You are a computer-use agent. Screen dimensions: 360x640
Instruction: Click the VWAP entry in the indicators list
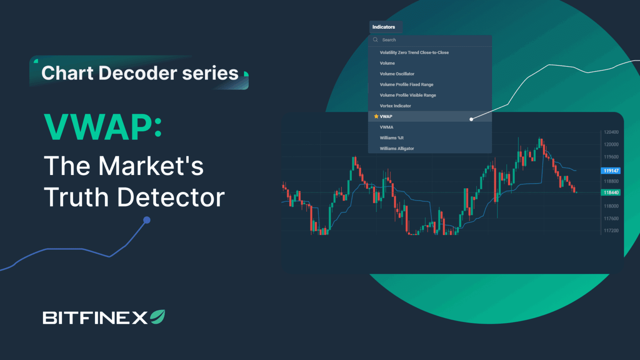click(x=386, y=117)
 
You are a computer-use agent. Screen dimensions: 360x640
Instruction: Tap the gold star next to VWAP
click(x=376, y=117)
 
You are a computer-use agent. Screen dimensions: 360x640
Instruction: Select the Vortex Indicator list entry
click(x=395, y=106)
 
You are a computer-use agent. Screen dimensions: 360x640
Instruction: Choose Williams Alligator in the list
click(x=397, y=149)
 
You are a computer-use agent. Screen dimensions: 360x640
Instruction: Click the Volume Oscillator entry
click(x=397, y=74)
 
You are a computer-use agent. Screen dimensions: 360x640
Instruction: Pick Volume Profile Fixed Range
click(x=406, y=85)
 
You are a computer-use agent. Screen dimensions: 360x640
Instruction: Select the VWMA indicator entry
click(x=386, y=127)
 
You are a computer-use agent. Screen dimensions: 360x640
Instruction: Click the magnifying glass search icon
click(x=375, y=40)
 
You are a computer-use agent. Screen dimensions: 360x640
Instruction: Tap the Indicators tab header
click(x=384, y=27)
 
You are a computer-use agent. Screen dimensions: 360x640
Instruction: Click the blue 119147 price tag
click(x=611, y=171)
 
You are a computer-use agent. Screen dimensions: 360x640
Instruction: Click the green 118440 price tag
click(x=611, y=192)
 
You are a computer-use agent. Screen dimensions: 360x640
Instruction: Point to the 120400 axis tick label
click(x=611, y=132)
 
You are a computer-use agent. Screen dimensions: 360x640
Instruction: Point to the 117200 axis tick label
click(x=611, y=230)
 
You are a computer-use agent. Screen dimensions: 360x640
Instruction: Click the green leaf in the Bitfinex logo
click(x=158, y=317)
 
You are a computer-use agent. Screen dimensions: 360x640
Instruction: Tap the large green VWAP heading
click(x=102, y=127)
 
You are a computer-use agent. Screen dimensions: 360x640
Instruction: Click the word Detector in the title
click(x=171, y=197)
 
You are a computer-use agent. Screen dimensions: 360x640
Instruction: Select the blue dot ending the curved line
click(x=147, y=220)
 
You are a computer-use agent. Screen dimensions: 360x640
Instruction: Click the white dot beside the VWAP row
click(x=471, y=119)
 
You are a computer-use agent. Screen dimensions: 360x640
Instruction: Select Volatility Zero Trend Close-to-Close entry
click(x=414, y=52)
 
